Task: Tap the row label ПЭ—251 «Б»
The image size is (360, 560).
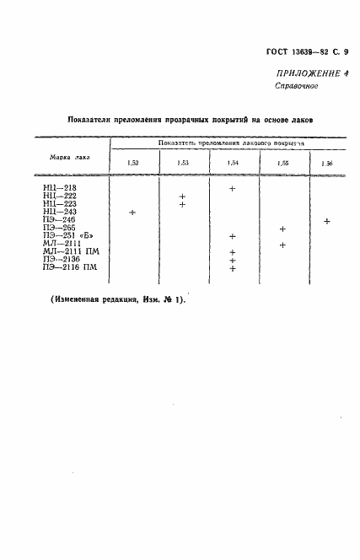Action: [x=62, y=236]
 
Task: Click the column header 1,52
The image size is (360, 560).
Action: [x=133, y=162]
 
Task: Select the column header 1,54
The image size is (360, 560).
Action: [x=233, y=162]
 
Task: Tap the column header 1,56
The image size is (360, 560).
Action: [x=326, y=162]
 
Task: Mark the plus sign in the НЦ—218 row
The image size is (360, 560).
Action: [x=232, y=189]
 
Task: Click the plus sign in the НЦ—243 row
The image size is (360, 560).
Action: [x=132, y=213]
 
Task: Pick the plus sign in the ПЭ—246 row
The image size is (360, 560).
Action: [x=326, y=221]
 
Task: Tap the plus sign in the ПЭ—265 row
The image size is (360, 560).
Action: [x=282, y=229]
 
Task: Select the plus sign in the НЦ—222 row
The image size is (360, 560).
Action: [x=182, y=197]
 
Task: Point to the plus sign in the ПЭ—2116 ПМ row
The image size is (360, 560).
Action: [x=232, y=268]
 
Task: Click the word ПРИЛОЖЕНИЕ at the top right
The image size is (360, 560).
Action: [x=304, y=73]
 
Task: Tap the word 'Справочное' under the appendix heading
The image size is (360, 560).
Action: [x=296, y=86]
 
